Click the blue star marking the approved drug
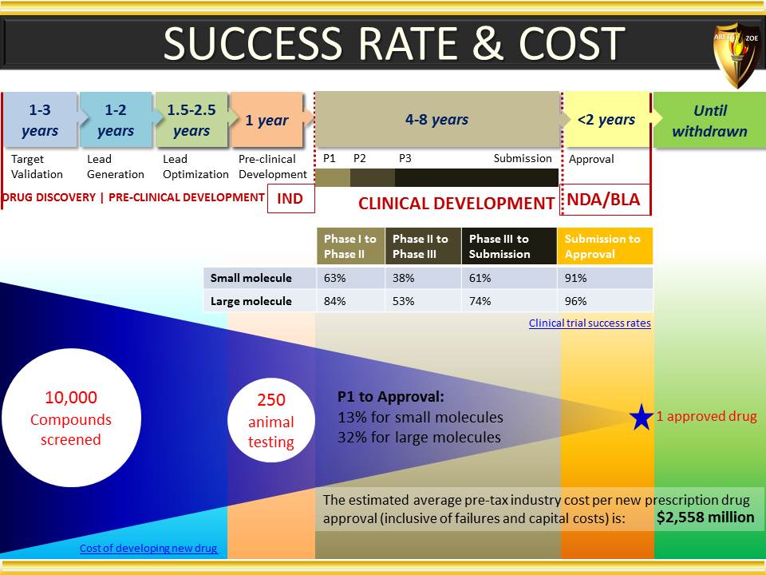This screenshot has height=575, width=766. click(x=642, y=417)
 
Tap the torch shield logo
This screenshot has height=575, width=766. click(x=736, y=53)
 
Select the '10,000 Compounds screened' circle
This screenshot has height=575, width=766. click(x=71, y=418)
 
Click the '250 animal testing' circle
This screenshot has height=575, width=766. click(x=271, y=421)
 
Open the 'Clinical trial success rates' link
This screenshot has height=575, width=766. click(x=590, y=323)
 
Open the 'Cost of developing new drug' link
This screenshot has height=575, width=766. click(x=148, y=548)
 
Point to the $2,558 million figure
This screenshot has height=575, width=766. click(x=705, y=517)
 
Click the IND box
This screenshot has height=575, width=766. click(x=290, y=199)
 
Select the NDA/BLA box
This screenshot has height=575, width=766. click(x=605, y=200)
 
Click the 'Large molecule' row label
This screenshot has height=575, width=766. click(x=251, y=301)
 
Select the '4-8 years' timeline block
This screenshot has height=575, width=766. click(x=436, y=119)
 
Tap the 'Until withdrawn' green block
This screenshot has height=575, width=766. click(x=710, y=121)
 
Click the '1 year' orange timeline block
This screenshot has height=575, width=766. click(x=267, y=120)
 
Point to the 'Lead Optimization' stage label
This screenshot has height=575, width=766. click(x=195, y=167)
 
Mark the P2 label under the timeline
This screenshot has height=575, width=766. click(x=360, y=158)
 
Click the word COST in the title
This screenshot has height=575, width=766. click(x=571, y=43)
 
